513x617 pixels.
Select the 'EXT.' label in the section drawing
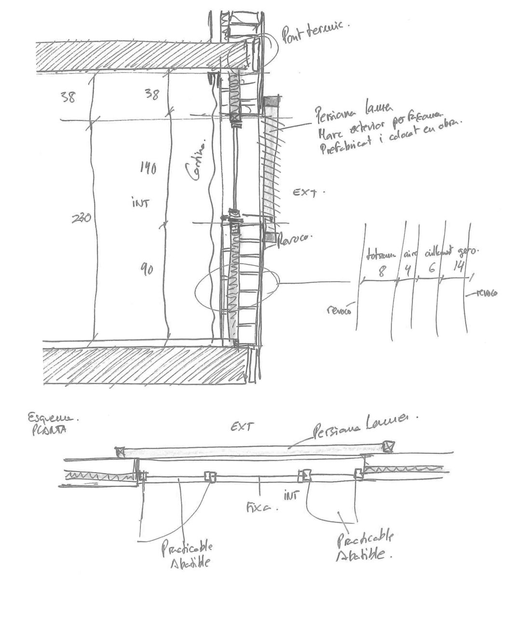309,193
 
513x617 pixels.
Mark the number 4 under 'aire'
407,269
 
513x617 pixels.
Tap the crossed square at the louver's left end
120,452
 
